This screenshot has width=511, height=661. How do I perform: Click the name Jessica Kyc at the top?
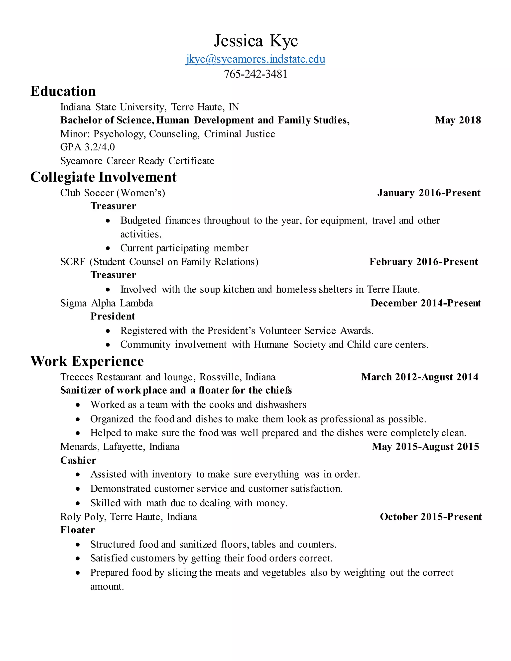[x=256, y=41]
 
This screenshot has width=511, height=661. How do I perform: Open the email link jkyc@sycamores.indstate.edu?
[x=255, y=59]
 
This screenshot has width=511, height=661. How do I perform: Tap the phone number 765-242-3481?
[x=255, y=74]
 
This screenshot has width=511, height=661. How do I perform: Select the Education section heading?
[x=63, y=91]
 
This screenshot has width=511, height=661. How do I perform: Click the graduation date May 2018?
[x=458, y=120]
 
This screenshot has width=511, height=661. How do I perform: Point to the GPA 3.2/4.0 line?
[x=88, y=147]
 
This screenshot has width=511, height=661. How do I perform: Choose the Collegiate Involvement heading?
[x=103, y=177]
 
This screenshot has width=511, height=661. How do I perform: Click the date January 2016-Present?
[x=429, y=193]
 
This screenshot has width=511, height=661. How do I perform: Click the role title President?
[x=113, y=316]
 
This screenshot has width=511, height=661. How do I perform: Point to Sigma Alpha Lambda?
[x=107, y=303]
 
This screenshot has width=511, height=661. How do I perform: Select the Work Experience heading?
[x=87, y=361]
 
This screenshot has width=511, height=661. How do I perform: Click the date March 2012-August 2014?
[x=420, y=377]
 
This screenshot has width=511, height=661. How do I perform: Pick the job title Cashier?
[x=78, y=460]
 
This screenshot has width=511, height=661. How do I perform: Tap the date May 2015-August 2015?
[x=425, y=447]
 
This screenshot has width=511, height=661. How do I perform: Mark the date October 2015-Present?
[x=430, y=517]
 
